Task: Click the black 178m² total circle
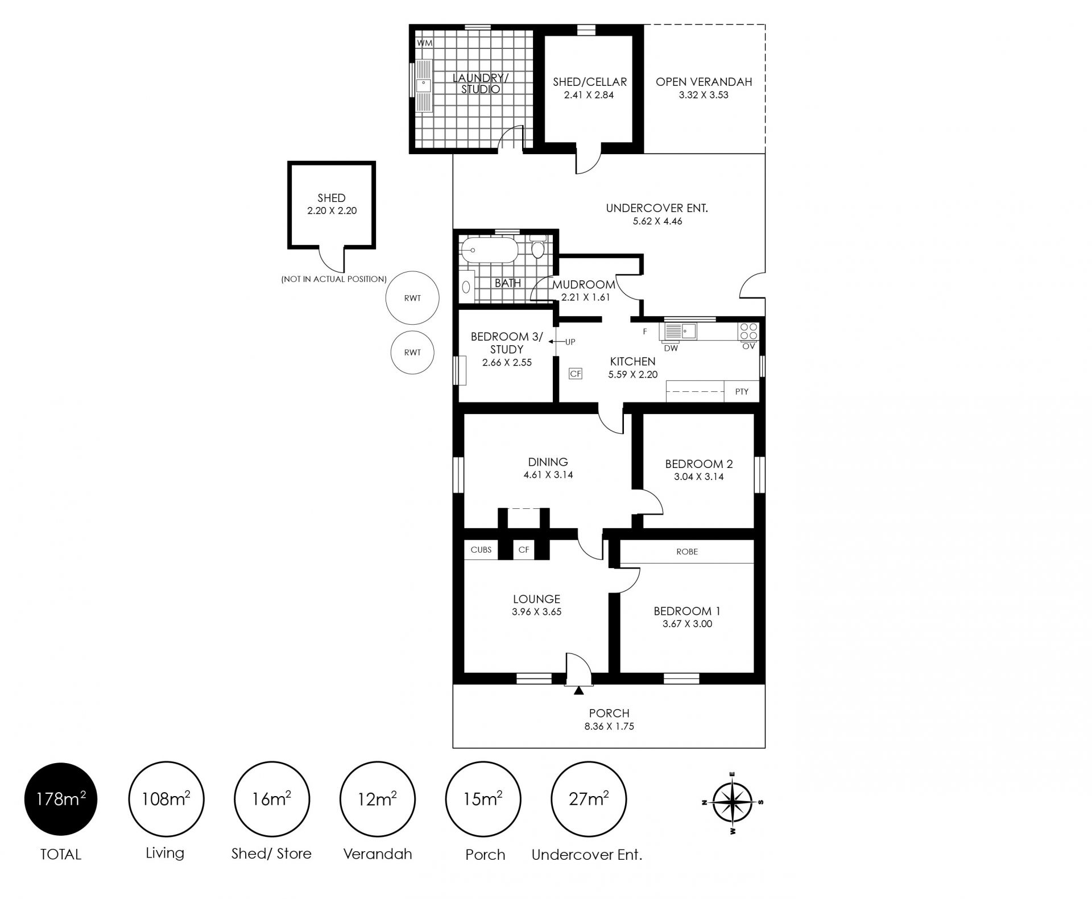tap(61, 799)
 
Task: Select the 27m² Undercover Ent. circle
tap(589, 799)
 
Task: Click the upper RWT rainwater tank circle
tap(412, 298)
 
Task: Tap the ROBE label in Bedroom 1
tap(687, 552)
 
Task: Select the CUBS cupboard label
tap(481, 550)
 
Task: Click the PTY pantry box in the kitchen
tap(742, 391)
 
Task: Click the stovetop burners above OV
tap(748, 331)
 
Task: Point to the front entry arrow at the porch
tap(579, 691)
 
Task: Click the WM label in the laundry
tap(424, 43)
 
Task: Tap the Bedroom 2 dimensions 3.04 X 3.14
tap(698, 477)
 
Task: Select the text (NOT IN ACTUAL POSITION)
tap(334, 279)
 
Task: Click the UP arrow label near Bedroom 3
tap(564, 342)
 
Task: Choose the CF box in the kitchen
tap(576, 374)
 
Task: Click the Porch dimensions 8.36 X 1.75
tap(609, 726)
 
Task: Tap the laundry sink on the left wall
tap(423, 86)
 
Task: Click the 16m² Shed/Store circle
tap(272, 799)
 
